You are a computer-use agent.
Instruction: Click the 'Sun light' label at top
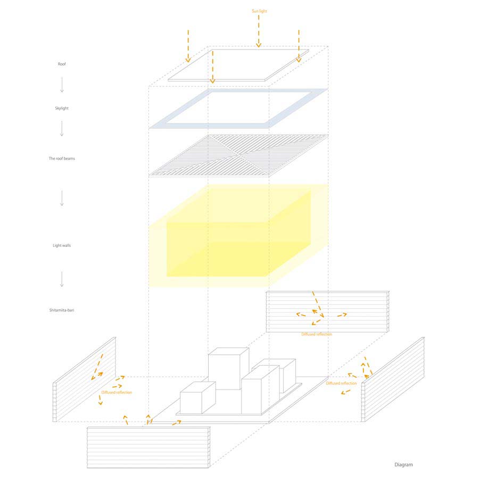point(259,11)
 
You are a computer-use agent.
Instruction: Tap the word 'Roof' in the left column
point(62,64)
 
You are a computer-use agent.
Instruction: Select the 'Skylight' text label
point(62,108)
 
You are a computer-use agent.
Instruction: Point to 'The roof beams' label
point(62,158)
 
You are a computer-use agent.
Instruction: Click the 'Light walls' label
point(62,245)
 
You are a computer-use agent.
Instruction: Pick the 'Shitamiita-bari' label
point(62,310)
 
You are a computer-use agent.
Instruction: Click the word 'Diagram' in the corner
point(403,465)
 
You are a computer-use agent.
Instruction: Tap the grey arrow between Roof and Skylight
point(62,85)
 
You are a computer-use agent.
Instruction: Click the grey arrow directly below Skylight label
point(62,128)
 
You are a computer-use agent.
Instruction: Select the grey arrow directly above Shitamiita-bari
point(62,279)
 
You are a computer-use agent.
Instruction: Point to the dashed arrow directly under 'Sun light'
point(259,31)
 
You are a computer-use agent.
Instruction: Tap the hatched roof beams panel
point(238,155)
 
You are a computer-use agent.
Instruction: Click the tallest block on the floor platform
point(228,368)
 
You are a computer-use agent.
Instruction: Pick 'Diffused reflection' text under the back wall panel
point(317,334)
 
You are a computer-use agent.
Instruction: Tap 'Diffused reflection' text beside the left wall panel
point(117,392)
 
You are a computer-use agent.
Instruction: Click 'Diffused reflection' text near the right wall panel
point(341,383)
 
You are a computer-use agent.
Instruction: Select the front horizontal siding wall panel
point(148,447)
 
